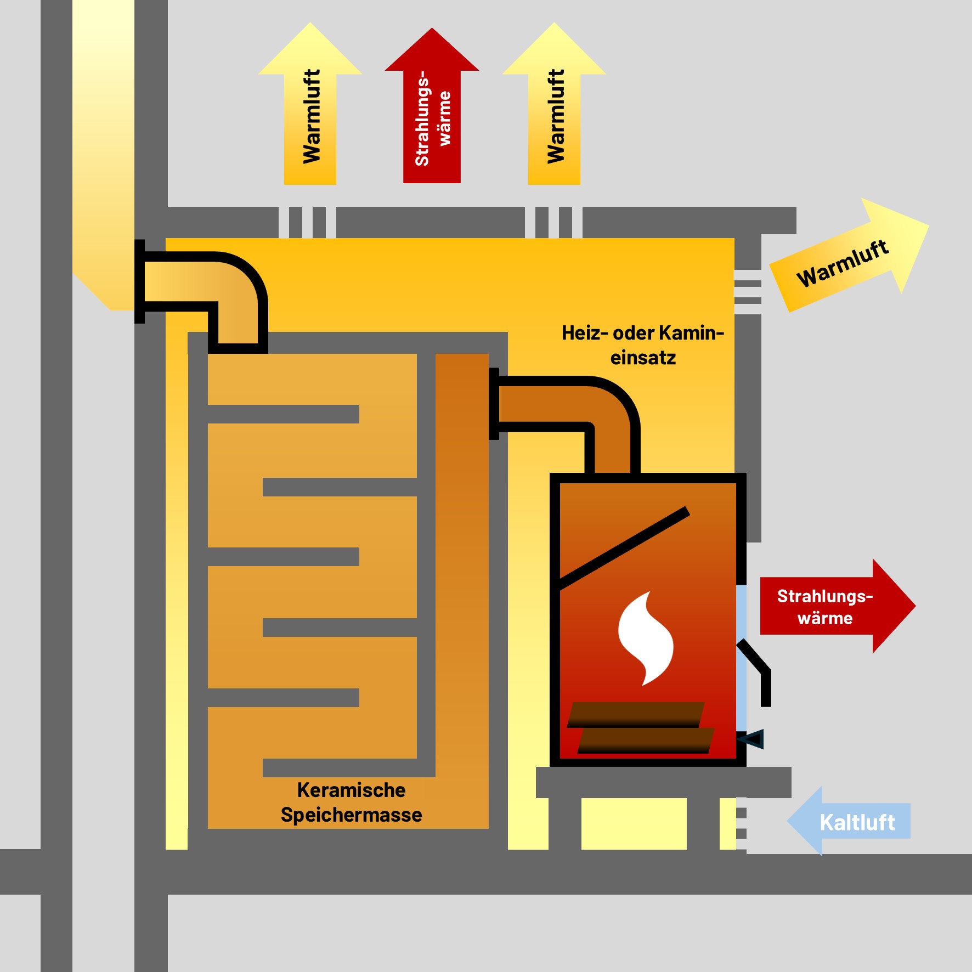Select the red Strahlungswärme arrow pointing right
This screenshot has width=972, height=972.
tap(834, 606)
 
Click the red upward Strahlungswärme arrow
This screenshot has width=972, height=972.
tap(432, 110)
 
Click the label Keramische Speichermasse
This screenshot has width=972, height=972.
tap(351, 803)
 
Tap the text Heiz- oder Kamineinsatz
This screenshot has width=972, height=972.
tap(643, 345)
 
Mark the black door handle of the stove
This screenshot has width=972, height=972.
tap(760, 672)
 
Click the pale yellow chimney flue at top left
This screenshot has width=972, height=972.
tap(103, 137)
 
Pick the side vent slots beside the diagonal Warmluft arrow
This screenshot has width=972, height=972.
tap(748, 292)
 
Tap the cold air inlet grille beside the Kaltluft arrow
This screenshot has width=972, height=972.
tap(741, 823)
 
